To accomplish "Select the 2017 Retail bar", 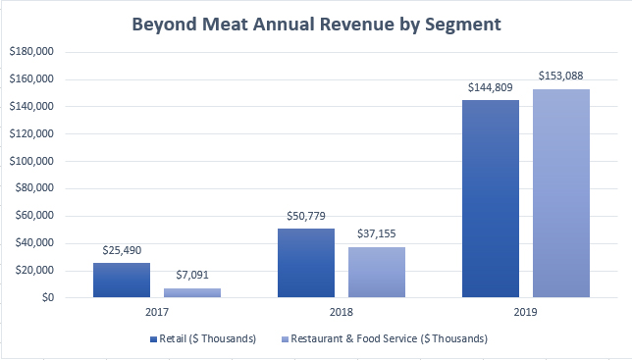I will click(x=122, y=280).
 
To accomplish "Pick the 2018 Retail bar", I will click(x=305, y=263).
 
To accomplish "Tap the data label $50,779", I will click(x=305, y=217).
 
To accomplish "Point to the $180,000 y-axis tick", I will click(x=32, y=51).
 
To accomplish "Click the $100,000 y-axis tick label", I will click(x=32, y=161).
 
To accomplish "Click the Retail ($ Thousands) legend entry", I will click(x=204, y=338).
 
